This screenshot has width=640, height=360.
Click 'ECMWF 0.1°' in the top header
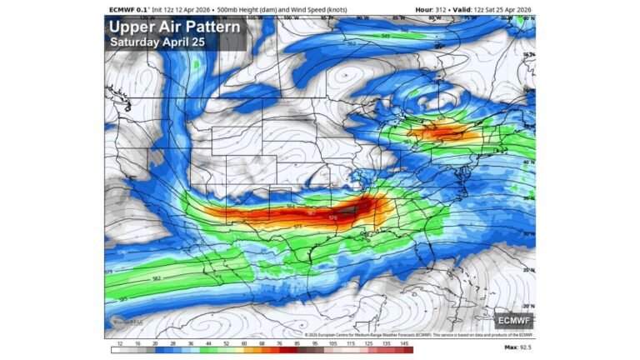127,9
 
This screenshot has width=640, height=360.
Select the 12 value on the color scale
120,343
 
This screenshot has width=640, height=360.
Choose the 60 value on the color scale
243,343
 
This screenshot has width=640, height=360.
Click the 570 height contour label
333,218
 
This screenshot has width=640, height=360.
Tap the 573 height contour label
297,227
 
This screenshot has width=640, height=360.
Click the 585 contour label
122,299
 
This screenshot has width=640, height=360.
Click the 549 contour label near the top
385,36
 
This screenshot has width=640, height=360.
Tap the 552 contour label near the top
351,43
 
